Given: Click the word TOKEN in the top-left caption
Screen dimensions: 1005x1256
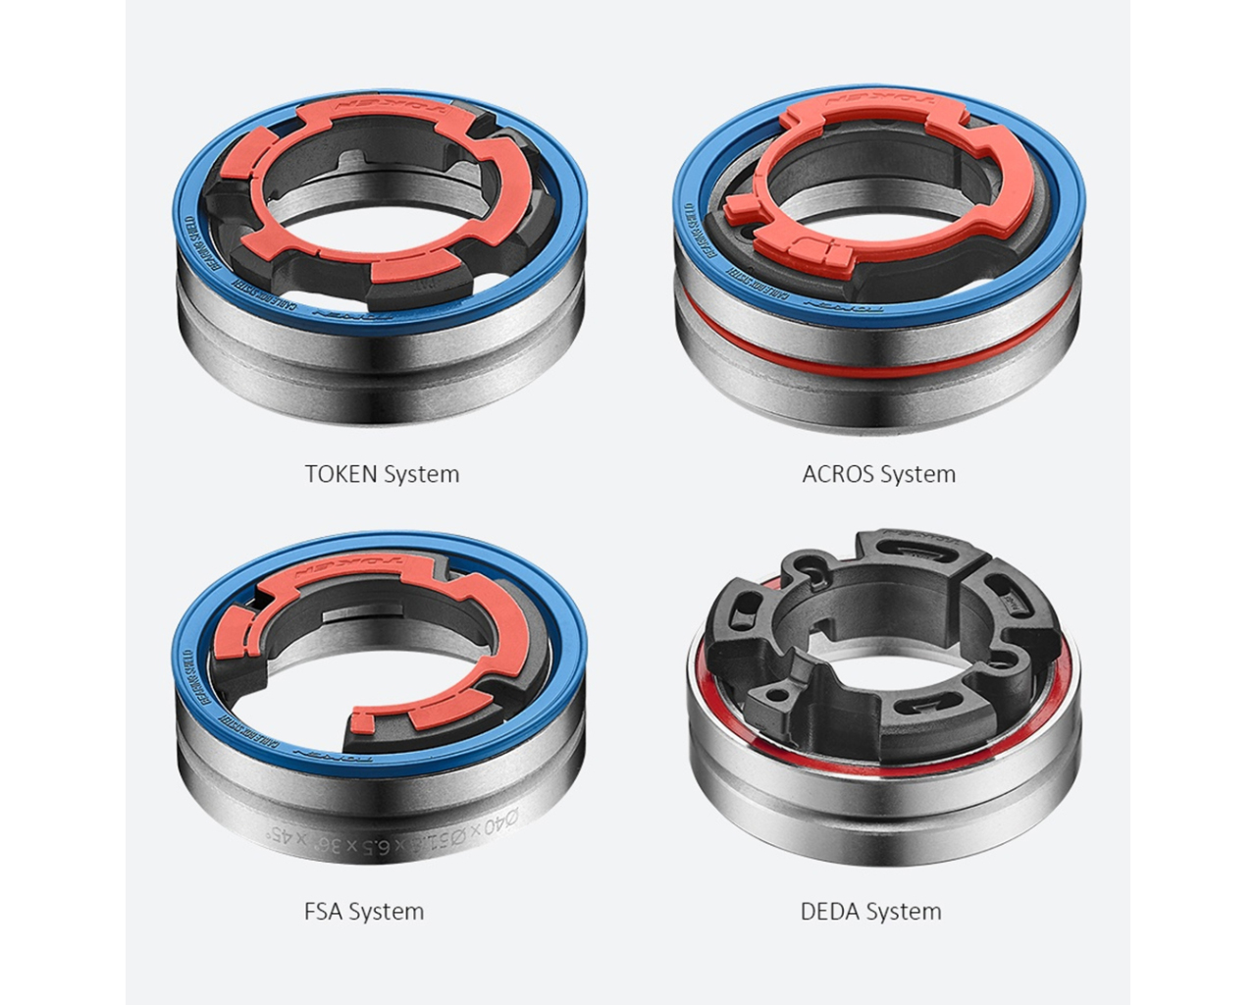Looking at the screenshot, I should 340,474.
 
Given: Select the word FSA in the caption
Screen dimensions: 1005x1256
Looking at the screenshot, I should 323,911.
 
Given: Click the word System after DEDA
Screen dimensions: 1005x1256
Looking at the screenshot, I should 904,911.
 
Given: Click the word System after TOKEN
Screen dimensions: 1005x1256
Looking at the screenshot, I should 421,474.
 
